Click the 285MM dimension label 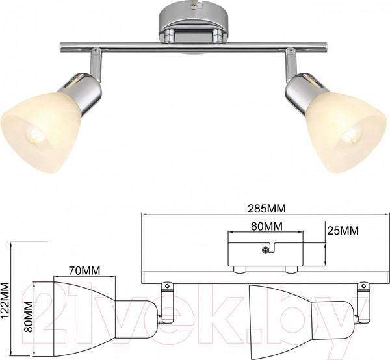click(x=266, y=209)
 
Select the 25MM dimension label click(x=343, y=231)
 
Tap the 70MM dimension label click(x=84, y=270)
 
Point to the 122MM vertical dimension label click(x=5, y=301)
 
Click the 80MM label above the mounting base click(x=266, y=226)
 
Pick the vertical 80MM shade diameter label click(x=29, y=316)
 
